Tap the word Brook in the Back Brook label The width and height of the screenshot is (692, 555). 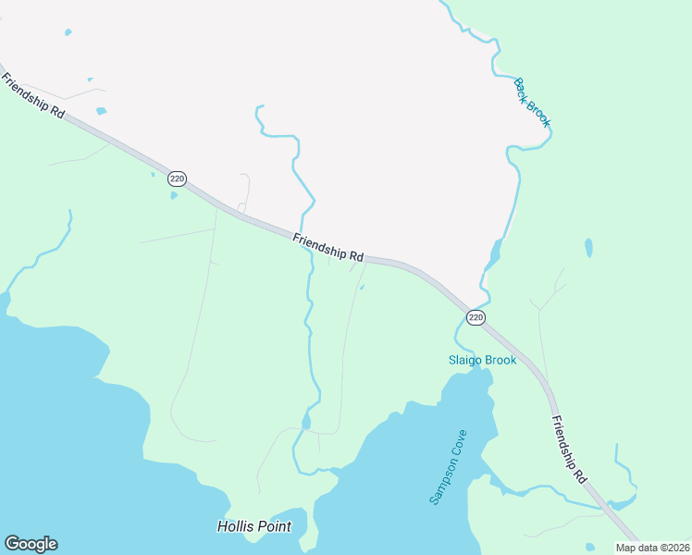click(538, 113)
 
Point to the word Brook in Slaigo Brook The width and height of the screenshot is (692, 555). click(500, 360)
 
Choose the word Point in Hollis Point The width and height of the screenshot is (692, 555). click(275, 526)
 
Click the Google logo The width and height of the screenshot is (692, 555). click(31, 544)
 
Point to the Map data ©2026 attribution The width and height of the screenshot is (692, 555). click(653, 548)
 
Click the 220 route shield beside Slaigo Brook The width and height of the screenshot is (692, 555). click(476, 317)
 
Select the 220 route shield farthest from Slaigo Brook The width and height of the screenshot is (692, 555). click(178, 178)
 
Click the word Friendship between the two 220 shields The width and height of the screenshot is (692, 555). click(319, 245)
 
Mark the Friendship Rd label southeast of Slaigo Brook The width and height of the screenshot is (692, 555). click(569, 450)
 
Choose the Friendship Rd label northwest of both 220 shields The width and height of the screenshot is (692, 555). click(32, 96)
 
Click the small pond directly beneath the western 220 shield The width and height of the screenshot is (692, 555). click(173, 195)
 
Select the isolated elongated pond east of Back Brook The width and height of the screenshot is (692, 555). click(588, 248)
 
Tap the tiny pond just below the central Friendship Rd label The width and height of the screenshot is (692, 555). click(361, 287)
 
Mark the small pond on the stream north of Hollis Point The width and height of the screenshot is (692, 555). click(306, 423)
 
